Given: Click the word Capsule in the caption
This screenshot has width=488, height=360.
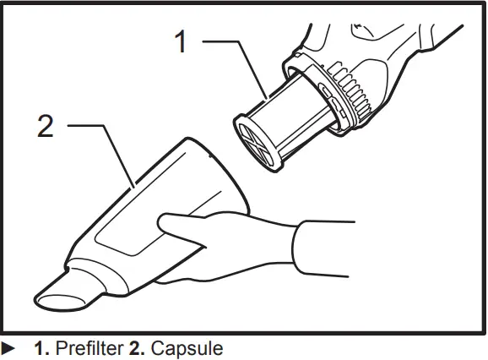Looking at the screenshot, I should pos(187,348).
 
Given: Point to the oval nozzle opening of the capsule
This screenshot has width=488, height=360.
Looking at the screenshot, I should pos(53,298).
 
